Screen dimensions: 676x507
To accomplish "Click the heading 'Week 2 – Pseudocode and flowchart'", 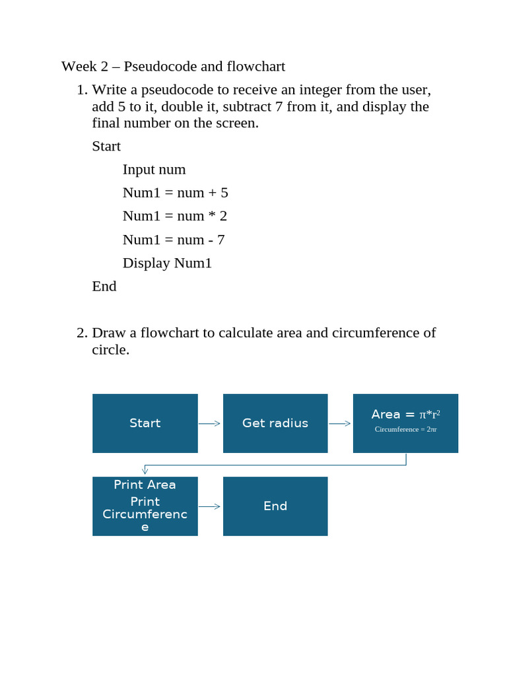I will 173,67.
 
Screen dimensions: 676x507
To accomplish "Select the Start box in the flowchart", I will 145,423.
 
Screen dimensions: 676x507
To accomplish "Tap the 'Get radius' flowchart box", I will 275,423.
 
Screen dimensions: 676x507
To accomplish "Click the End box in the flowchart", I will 275,506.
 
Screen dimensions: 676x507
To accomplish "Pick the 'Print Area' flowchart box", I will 145,506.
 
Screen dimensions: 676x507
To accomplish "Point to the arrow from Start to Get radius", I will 210,424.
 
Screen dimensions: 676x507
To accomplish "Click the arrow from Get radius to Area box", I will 340,424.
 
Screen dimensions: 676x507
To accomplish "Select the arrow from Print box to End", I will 210,507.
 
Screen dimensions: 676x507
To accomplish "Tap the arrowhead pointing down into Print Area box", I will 145,471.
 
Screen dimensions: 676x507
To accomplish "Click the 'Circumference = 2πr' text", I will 405,430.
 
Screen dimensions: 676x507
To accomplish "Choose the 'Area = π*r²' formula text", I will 405,415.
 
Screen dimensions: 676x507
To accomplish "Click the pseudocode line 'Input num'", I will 154,170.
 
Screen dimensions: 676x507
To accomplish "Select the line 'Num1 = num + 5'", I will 175,193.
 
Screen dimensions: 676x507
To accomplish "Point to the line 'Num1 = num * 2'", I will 174,216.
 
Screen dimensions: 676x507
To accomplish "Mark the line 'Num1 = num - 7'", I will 173,240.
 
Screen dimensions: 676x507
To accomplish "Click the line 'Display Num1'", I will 167,263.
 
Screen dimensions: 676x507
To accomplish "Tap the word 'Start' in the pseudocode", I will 106,146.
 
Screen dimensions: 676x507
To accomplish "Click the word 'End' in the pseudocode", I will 104,286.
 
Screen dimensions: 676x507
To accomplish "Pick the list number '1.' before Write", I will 82,90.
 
